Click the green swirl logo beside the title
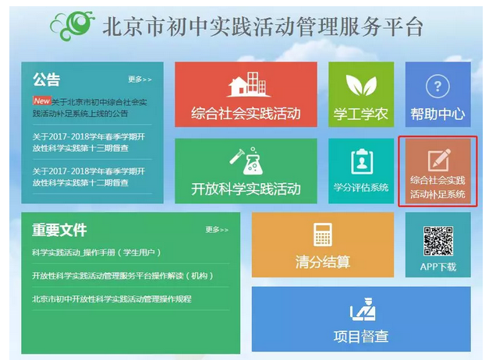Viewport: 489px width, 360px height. (x=73, y=25)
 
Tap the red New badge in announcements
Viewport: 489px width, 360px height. (x=42, y=101)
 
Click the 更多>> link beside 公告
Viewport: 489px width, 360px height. (x=140, y=79)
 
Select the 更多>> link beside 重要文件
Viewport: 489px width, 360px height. (x=217, y=230)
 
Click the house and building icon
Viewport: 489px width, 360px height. (x=248, y=84)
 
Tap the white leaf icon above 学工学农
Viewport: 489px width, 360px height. (x=361, y=85)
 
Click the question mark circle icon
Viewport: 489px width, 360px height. (x=438, y=86)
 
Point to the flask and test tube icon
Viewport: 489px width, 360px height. (x=246, y=161)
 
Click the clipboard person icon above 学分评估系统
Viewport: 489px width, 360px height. (x=362, y=161)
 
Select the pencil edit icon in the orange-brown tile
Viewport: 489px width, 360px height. (x=439, y=160)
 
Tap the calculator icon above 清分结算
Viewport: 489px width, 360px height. (x=322, y=235)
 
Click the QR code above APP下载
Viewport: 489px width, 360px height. (x=438, y=242)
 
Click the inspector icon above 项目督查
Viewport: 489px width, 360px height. (x=363, y=309)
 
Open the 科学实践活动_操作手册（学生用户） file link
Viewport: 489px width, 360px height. (x=97, y=252)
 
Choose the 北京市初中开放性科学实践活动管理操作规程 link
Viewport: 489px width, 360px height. (x=112, y=299)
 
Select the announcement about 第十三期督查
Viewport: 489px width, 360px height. (x=89, y=142)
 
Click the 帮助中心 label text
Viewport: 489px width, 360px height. (x=438, y=114)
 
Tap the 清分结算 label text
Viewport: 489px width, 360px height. (x=323, y=262)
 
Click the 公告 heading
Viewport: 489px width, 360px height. (x=47, y=79)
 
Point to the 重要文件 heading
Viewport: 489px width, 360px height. (x=59, y=230)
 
